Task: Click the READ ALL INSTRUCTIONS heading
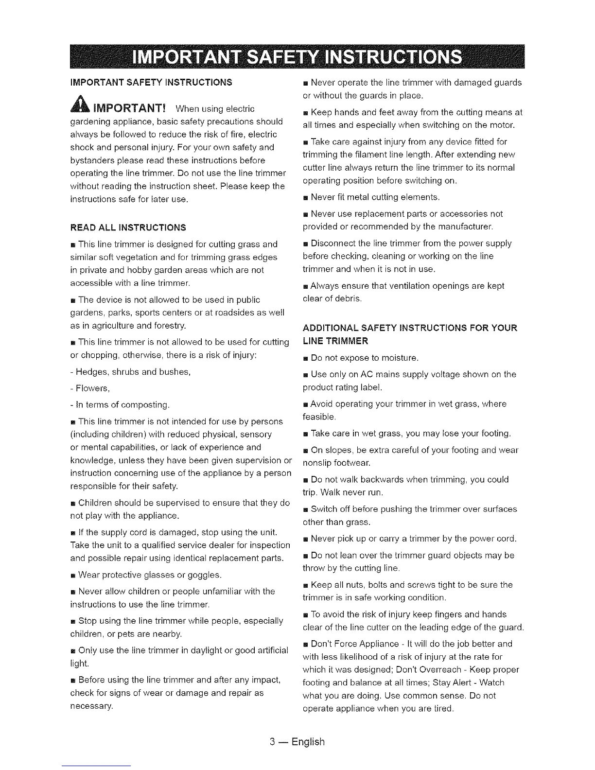[128, 227]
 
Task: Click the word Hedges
[92, 372]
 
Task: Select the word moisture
[399, 358]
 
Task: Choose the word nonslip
[317, 463]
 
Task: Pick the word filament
[376, 155]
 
